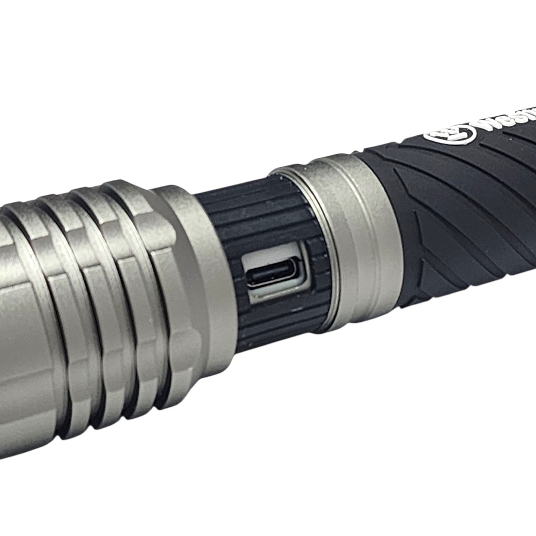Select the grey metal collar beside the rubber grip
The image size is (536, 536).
(x=358, y=239)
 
